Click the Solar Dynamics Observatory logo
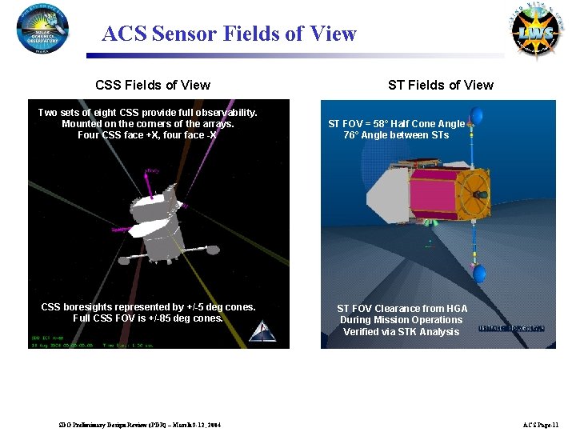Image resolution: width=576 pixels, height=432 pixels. [x=42, y=28]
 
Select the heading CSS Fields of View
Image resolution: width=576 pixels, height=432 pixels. [x=153, y=85]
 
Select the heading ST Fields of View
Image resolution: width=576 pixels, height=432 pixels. [x=441, y=85]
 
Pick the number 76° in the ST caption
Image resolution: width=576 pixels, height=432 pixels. [x=353, y=135]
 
